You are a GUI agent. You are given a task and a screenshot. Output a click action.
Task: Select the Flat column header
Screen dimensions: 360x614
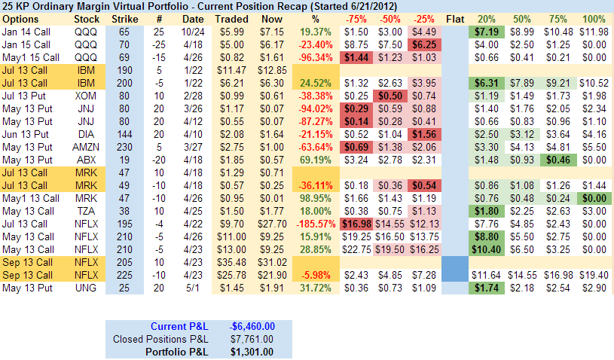(455, 17)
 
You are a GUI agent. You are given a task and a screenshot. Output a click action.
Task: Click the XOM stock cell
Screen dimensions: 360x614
(86, 96)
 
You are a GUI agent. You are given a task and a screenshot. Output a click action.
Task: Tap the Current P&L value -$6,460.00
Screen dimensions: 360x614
(254, 325)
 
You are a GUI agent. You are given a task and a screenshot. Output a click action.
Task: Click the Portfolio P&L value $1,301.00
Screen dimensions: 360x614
(254, 351)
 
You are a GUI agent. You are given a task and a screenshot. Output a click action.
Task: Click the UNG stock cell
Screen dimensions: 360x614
(86, 287)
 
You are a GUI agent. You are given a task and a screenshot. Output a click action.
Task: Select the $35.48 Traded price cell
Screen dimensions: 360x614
(232, 261)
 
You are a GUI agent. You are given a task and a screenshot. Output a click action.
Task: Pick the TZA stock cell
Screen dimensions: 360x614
(86, 211)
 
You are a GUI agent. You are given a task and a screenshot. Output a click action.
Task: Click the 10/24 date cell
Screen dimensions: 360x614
(193, 32)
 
